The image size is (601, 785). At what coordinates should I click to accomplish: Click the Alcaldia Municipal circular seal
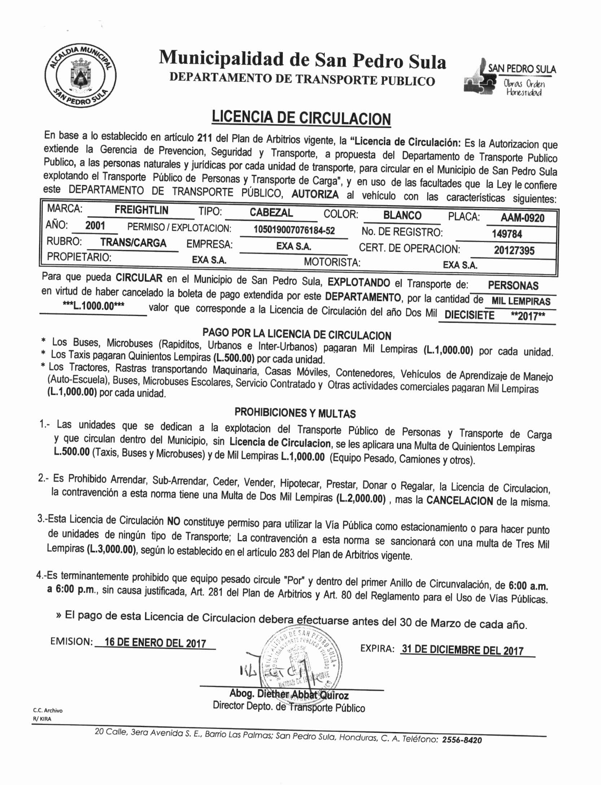click(80, 76)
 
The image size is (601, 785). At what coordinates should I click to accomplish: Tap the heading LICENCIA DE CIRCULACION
click(301, 118)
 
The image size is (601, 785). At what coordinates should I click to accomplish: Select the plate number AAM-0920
click(522, 218)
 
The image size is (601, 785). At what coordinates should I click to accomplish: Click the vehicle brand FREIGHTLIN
click(141, 210)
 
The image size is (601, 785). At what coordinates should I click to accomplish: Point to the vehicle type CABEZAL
click(271, 212)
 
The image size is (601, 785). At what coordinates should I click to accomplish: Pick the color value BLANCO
click(402, 215)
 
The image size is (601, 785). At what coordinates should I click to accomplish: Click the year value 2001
click(95, 226)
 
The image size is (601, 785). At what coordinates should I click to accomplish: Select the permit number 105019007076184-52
click(294, 230)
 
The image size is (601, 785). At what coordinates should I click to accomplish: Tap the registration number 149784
click(507, 234)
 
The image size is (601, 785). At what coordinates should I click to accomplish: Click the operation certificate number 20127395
click(514, 250)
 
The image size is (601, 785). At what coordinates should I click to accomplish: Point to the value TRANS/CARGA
click(133, 243)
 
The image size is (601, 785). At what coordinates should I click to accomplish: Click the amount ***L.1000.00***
click(93, 306)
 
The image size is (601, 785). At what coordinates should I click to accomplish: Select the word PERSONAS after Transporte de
click(513, 285)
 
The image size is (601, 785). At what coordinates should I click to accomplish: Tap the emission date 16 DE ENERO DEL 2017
click(155, 653)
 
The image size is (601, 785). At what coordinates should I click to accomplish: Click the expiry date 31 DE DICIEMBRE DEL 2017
click(462, 660)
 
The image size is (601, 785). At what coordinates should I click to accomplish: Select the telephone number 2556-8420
click(462, 740)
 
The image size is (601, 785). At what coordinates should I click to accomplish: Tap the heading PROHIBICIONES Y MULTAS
click(295, 413)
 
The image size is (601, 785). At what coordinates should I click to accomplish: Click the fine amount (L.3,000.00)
click(112, 549)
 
